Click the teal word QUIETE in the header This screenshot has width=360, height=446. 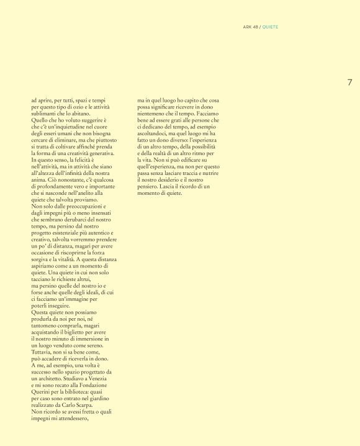click(271, 27)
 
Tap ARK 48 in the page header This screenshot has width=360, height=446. click(250, 27)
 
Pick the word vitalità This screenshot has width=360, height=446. click(78, 260)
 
